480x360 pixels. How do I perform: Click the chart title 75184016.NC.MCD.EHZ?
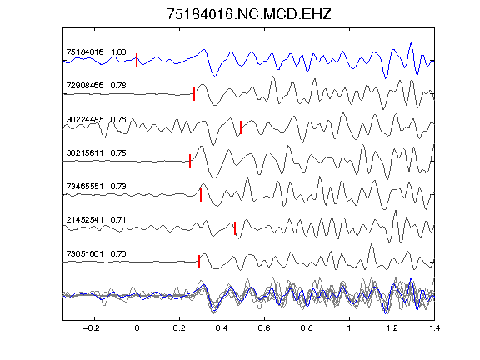point(249,14)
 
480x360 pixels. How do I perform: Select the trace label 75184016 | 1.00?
point(96,52)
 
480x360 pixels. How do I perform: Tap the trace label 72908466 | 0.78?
point(96,85)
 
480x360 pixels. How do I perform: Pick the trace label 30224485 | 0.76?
point(96,119)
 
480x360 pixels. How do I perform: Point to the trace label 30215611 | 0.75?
point(96,153)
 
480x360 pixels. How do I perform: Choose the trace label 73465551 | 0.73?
point(96,187)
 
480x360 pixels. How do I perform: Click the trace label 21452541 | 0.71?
point(96,220)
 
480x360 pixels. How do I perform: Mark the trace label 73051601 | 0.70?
point(96,254)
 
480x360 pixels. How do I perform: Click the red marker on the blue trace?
point(137,60)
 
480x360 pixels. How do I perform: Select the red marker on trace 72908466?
point(194,93)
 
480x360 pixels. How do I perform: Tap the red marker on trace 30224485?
point(241,127)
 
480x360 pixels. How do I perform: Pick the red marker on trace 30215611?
point(190,161)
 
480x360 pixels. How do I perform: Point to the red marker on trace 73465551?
point(201,194)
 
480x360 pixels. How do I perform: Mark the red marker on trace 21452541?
point(235,228)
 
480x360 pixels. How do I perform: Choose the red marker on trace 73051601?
point(199,262)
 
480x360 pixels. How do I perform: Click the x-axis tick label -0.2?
point(91,328)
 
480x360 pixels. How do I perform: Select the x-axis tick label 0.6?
point(264,328)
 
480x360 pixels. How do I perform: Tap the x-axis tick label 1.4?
point(434,328)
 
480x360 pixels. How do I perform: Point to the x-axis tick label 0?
point(137,328)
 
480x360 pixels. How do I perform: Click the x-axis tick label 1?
point(349,328)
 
